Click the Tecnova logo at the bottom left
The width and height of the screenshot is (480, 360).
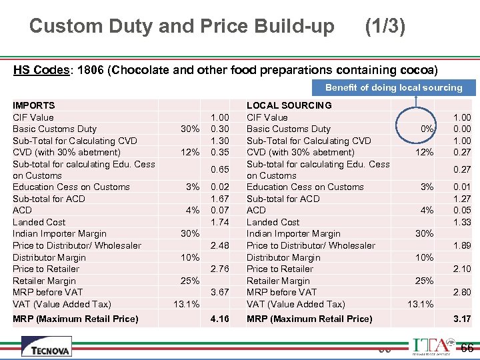[46, 346]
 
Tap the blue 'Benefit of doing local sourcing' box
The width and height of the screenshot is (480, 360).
[393, 87]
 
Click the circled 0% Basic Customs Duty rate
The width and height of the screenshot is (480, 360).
[427, 129]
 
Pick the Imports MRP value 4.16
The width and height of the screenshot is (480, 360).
[219, 319]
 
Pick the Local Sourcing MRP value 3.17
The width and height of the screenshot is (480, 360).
[461, 319]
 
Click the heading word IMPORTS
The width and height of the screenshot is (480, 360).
[34, 105]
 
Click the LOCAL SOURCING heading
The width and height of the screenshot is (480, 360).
[289, 105]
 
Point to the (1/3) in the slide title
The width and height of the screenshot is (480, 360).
[385, 26]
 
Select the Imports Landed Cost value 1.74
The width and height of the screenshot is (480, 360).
[219, 222]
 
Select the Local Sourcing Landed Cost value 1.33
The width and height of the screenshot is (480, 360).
[461, 222]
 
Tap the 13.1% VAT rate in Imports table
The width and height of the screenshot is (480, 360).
[185, 304]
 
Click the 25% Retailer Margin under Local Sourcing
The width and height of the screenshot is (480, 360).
[424, 281]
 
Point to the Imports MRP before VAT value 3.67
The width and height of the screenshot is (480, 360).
[219, 292]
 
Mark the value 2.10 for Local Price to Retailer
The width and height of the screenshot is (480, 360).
[461, 269]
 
